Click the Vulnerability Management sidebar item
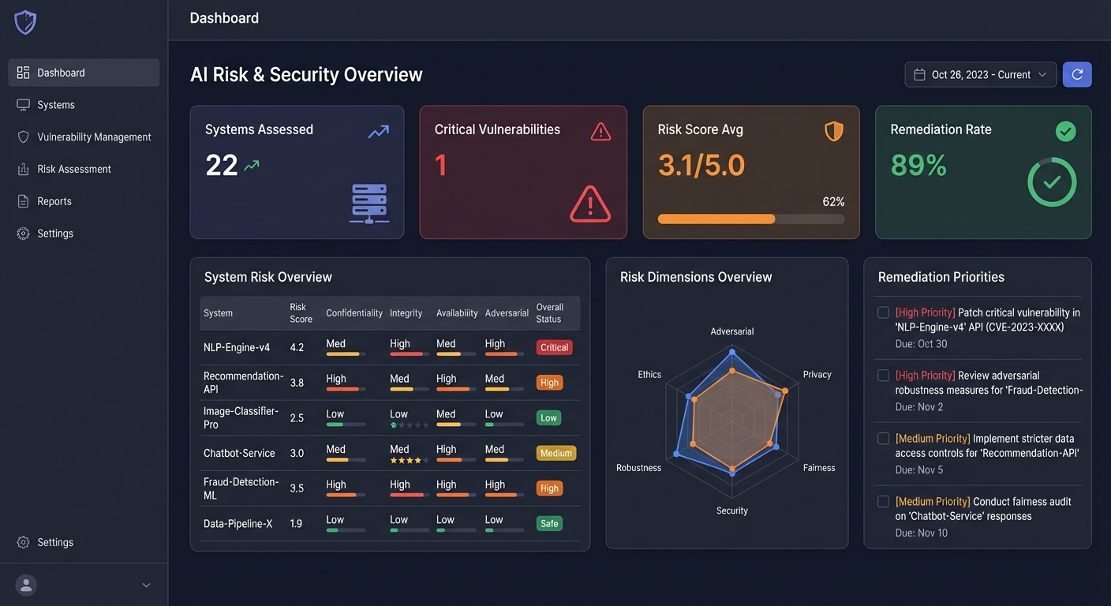point(94,137)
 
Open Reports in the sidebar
point(54,201)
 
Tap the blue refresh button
point(1077,75)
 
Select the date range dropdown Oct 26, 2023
point(980,75)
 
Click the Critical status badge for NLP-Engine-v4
point(554,347)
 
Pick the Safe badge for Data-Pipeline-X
point(549,523)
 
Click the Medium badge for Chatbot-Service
point(555,453)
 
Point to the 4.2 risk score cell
point(297,347)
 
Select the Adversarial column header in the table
point(507,313)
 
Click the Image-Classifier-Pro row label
point(241,417)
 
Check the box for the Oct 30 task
point(884,312)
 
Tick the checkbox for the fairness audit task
point(884,502)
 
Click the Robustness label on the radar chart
point(638,468)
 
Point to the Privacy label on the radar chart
point(817,375)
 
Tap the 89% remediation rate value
point(918,165)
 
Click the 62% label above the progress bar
point(833,202)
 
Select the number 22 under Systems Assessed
point(222,166)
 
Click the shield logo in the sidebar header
point(25,22)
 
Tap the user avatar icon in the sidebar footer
point(26,585)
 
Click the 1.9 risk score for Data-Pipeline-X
point(296,523)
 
